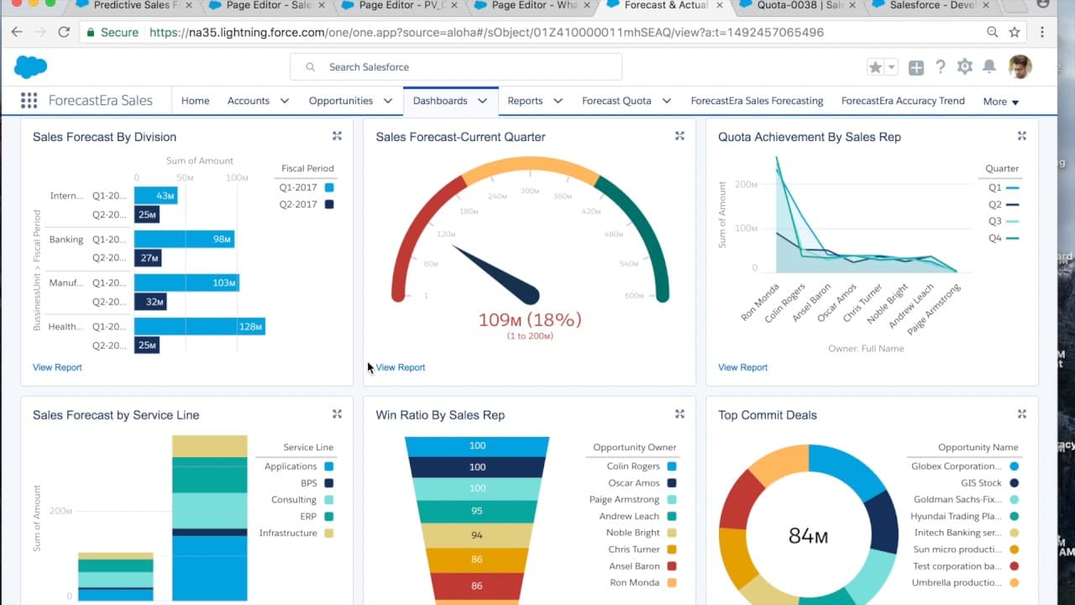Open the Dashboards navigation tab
[x=440, y=101]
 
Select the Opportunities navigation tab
[x=341, y=101]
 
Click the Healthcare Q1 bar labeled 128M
[x=199, y=326]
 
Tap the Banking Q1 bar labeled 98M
[x=184, y=239]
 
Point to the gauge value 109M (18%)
[x=529, y=319]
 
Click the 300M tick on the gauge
[x=529, y=191]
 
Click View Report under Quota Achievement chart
[x=742, y=367]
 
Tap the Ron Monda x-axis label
[x=760, y=302]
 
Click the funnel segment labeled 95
[x=477, y=511]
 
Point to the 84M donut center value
[x=808, y=535]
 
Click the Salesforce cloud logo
[x=31, y=67]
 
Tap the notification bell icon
[x=989, y=67]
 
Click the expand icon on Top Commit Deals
[x=1022, y=414]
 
